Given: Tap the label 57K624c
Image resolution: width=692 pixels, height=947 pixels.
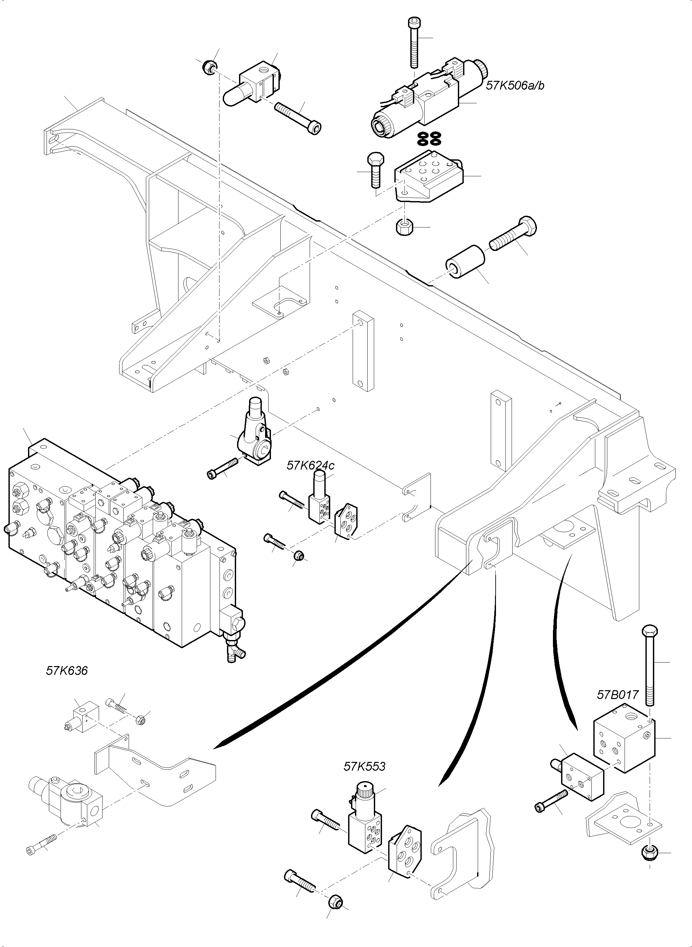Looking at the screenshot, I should tap(310, 465).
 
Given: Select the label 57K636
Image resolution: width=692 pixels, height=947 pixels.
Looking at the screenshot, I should tap(67, 671).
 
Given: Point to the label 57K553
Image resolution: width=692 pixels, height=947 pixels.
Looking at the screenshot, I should tap(364, 766).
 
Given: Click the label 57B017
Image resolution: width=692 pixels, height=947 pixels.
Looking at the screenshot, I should tap(617, 695).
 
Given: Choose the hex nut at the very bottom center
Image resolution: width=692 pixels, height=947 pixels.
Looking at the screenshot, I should tap(335, 900).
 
